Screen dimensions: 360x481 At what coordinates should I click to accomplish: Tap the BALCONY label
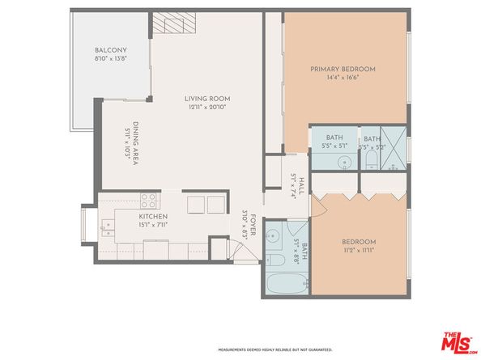click(110, 51)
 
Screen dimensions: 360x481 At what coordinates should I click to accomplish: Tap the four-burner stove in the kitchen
click(150, 199)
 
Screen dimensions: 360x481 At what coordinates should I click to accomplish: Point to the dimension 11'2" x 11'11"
click(358, 249)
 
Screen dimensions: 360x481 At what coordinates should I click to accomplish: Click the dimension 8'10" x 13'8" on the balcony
click(110, 59)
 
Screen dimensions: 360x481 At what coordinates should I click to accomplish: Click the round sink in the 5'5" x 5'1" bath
click(344, 162)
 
